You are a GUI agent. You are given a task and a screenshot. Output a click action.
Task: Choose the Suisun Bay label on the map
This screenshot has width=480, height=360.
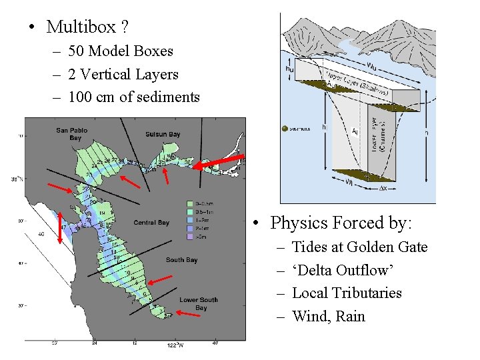click(x=163, y=134)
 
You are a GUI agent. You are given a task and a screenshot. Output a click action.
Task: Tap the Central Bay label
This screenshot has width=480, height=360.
click(x=151, y=223)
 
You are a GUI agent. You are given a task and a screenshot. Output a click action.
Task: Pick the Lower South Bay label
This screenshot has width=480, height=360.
click(x=198, y=304)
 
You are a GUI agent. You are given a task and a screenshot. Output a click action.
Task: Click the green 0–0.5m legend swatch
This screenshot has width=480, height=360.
click(x=190, y=203)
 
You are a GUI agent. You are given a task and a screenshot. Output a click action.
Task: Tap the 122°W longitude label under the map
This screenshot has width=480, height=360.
click(x=175, y=345)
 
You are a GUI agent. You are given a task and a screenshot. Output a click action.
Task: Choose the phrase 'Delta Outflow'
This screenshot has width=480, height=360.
click(x=344, y=271)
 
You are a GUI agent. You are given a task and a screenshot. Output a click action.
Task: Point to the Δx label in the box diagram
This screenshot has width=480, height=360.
click(x=384, y=189)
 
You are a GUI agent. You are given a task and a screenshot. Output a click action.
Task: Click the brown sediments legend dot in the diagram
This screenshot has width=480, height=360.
click(x=285, y=128)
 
